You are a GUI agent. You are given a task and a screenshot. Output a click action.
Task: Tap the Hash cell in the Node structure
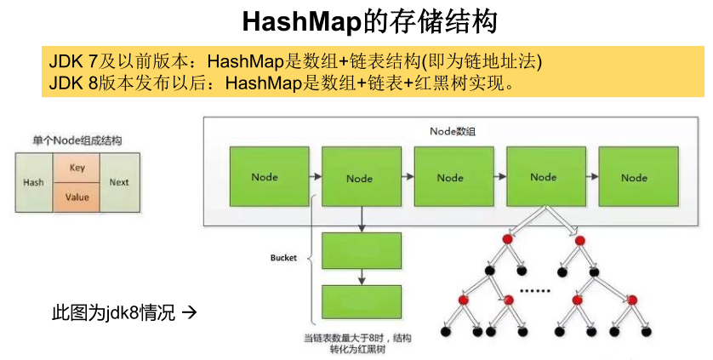(x=33, y=183)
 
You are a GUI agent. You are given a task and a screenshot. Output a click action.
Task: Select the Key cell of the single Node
(x=77, y=169)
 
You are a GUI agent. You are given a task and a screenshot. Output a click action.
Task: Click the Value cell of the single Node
(x=77, y=197)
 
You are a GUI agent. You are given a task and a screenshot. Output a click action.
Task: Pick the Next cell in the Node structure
(x=119, y=183)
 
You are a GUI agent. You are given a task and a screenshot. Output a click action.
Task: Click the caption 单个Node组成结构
(x=77, y=140)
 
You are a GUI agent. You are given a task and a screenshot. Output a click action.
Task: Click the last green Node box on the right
(x=634, y=177)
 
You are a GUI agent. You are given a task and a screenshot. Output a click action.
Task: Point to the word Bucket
(x=283, y=258)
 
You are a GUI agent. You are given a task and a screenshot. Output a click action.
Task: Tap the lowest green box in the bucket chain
(x=362, y=302)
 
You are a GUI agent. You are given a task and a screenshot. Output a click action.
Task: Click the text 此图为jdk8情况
(x=113, y=313)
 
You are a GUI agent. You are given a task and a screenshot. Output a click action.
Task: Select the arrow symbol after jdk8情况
(x=190, y=313)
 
